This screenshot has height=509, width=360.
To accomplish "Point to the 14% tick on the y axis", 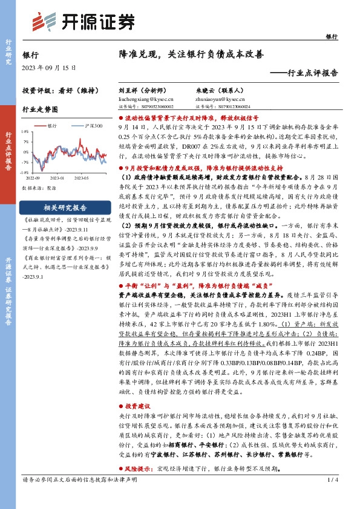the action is pos(24,131).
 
